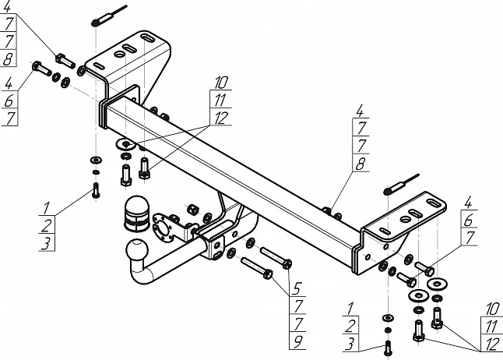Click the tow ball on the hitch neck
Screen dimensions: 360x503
136,253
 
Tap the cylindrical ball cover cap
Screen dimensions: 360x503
135,214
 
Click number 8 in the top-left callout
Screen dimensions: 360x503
8,58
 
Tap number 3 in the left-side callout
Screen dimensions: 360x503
47,243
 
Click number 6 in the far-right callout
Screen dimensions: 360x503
469,221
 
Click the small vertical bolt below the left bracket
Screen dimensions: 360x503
96,189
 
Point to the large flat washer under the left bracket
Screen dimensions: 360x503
125,144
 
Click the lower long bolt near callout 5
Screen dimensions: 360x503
256,268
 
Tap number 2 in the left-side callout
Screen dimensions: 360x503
47,226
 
